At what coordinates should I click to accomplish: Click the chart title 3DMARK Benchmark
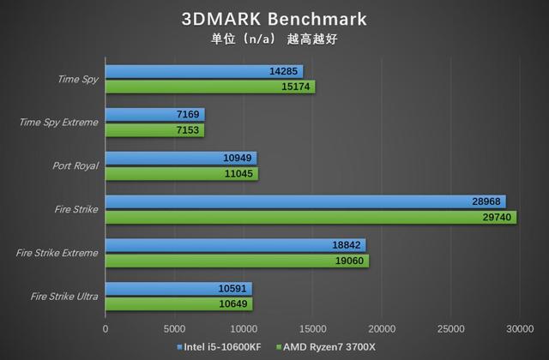[x=274, y=19]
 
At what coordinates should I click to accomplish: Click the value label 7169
[x=188, y=115]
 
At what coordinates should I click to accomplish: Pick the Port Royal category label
[x=76, y=166]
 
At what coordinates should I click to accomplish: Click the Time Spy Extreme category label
[x=58, y=123]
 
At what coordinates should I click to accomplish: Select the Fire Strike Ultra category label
[x=64, y=297]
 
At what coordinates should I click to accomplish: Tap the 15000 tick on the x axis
[x=312, y=328]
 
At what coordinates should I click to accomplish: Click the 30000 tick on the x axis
[x=520, y=328]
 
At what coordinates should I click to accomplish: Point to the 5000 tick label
[x=174, y=328]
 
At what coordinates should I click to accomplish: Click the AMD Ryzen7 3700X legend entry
[x=326, y=347]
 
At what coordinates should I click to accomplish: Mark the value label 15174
[x=298, y=87]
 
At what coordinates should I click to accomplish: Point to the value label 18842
[x=348, y=245]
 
